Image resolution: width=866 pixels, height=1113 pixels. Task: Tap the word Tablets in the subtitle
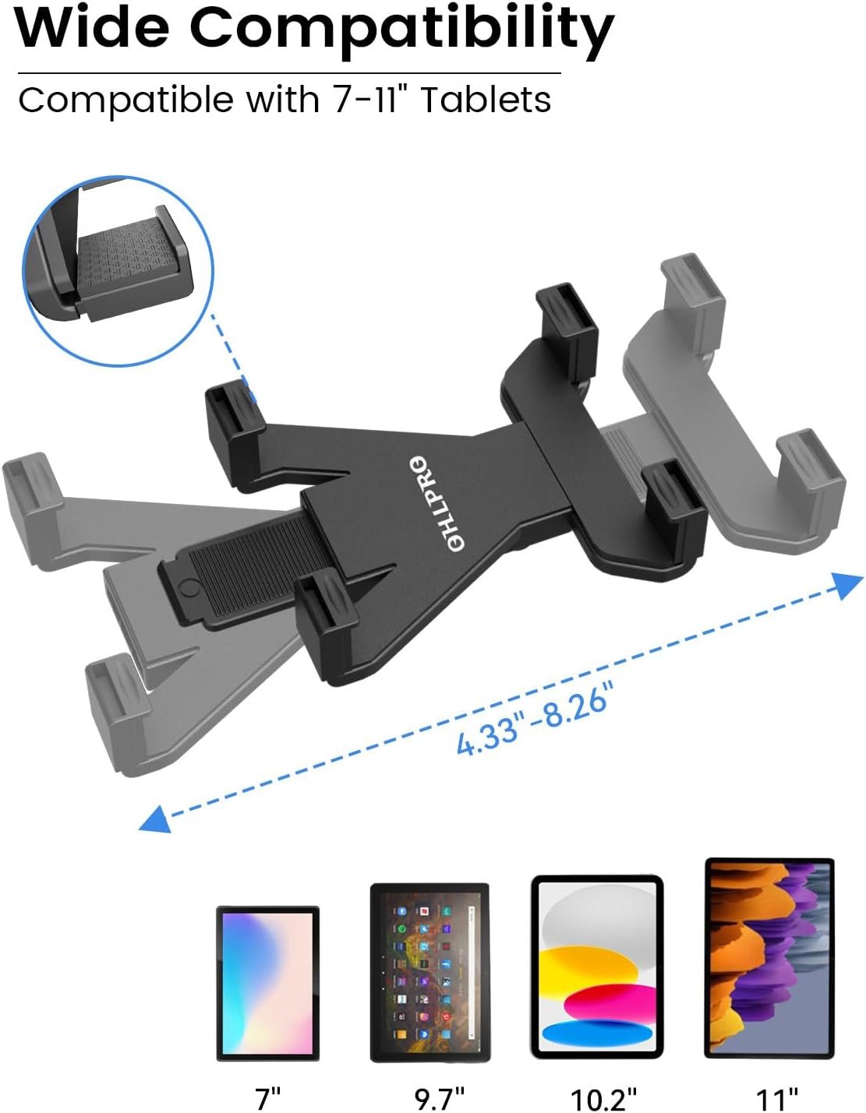tap(486, 99)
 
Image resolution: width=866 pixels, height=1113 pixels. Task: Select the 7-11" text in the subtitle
tap(366, 99)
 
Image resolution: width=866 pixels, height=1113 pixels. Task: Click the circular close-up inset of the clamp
tap(118, 271)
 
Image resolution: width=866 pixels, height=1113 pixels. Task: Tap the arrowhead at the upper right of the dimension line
tap(847, 584)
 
